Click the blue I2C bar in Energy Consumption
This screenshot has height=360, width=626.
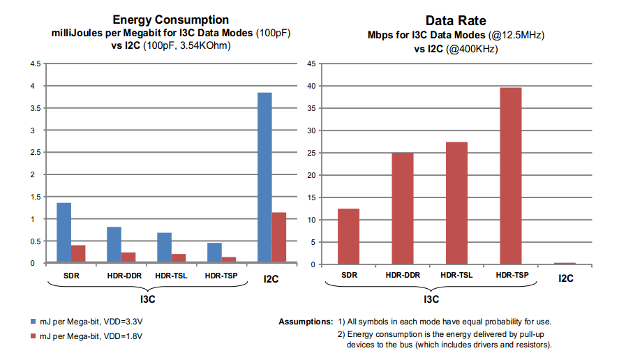coord(264,178)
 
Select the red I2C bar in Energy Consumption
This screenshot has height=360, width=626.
coord(278,238)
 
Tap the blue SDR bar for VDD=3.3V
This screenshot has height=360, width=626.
coord(64,233)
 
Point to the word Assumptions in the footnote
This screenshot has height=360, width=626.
coord(306,322)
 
